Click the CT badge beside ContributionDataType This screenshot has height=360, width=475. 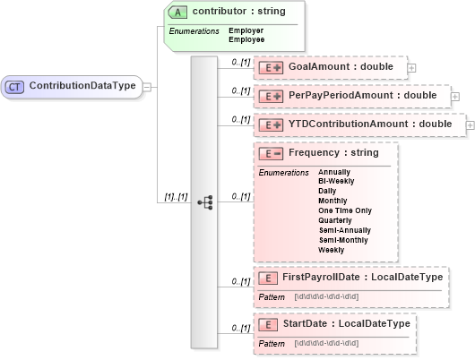16,87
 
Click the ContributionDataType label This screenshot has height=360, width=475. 82,87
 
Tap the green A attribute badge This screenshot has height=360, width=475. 179,12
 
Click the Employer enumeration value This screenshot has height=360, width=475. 246,31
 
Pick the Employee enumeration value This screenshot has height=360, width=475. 246,39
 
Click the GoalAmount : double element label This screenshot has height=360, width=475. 340,67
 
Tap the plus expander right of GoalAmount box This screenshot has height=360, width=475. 411,67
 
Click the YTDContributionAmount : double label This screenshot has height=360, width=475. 369,124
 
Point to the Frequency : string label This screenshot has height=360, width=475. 333,153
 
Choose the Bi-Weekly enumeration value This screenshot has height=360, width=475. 337,180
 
